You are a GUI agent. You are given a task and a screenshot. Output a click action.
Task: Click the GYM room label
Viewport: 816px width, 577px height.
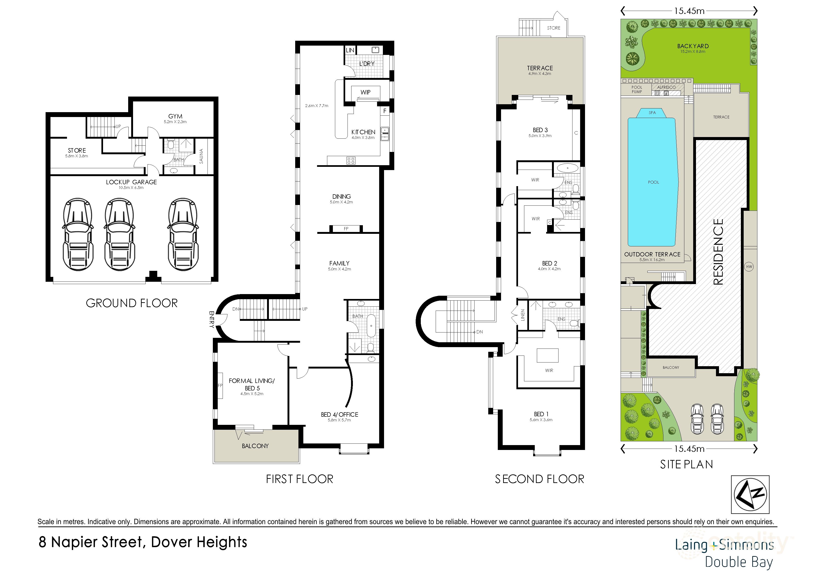pos(175,116)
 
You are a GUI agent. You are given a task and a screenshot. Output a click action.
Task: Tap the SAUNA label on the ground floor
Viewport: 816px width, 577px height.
pos(201,156)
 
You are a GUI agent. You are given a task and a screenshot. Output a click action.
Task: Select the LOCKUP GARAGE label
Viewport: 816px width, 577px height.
pos(131,182)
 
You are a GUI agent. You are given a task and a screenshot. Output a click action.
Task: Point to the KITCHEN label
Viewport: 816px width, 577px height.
pos(363,132)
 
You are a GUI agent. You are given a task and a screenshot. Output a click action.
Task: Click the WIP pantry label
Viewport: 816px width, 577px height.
pos(365,92)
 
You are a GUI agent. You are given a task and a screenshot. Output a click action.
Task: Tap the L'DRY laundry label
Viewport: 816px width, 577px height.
pos(367,64)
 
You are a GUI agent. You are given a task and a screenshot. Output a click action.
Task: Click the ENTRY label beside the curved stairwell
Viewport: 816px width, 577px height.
pos(212,319)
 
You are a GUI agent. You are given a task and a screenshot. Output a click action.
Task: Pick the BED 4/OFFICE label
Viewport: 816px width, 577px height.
pos(339,415)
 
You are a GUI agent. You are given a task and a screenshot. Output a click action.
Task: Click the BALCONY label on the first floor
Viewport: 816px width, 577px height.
pos(255,446)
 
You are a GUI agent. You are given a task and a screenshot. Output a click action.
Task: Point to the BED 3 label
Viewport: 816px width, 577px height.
pos(540,130)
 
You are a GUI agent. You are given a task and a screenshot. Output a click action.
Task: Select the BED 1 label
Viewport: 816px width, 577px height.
pos(541,414)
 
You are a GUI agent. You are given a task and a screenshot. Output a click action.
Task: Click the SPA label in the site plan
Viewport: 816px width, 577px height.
pos(652,113)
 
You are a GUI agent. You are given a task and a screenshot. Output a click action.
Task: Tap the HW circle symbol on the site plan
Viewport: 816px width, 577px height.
pos(749,267)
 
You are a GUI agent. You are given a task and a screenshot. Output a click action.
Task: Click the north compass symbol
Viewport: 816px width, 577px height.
pos(750,494)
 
